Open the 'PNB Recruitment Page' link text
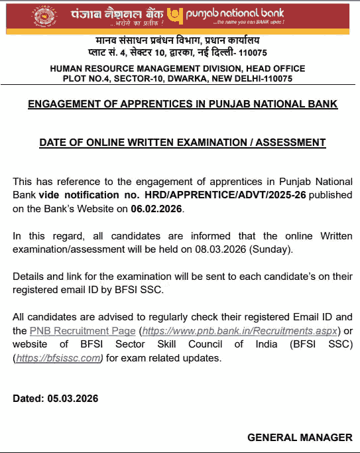(82, 330)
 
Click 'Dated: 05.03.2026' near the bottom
(56, 399)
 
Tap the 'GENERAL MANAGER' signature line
(300, 438)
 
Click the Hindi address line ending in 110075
(178, 52)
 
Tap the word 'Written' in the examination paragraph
(336, 237)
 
